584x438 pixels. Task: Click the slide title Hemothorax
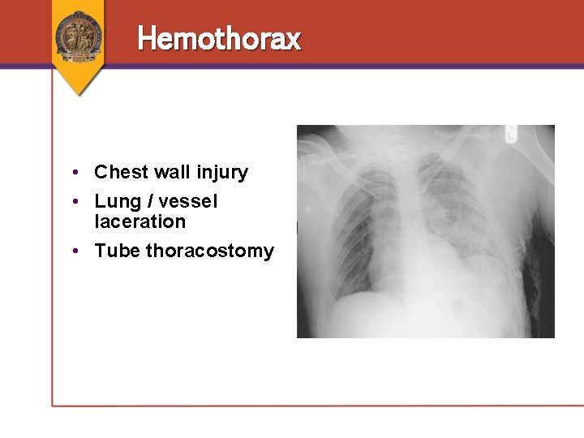(219, 38)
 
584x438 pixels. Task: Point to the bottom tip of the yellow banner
(79, 95)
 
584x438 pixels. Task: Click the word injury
(221, 173)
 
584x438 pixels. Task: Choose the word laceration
(140, 221)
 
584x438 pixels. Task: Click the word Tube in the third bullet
(117, 251)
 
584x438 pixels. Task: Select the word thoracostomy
(210, 251)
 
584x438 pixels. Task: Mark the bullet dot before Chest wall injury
(74, 173)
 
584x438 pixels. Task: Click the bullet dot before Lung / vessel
(74, 202)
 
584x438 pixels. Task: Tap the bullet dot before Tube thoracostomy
(74, 251)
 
